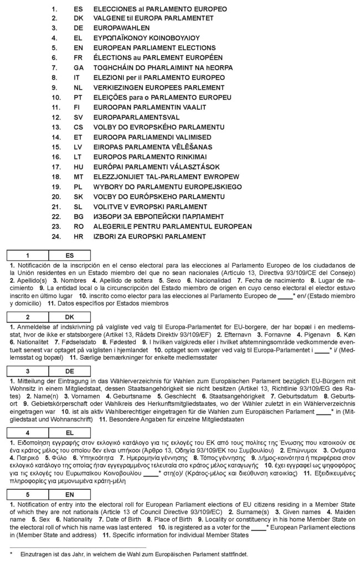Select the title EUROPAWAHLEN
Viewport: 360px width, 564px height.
(120, 29)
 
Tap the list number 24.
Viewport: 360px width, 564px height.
(55, 236)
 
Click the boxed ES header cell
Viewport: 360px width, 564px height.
(69, 256)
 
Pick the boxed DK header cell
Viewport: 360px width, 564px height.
(69, 317)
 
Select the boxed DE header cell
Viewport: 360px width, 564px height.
(69, 370)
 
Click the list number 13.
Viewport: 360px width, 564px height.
(55, 127)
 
